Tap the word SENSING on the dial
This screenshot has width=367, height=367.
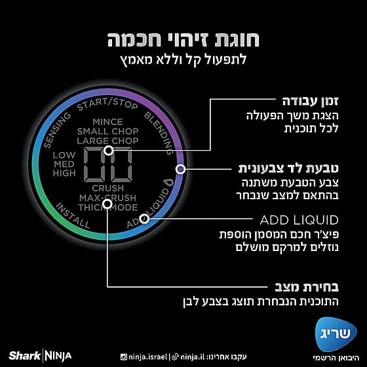click(x=57, y=130)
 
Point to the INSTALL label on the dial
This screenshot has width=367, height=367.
click(x=73, y=216)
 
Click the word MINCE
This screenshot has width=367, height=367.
click(x=107, y=122)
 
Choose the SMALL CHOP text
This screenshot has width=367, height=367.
click(x=107, y=131)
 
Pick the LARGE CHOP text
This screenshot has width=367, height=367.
click(x=107, y=141)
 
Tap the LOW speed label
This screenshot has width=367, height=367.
click(x=64, y=155)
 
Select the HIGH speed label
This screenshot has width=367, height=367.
click(x=64, y=173)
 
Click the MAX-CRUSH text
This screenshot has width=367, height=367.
click(x=107, y=198)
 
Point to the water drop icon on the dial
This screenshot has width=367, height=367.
click(x=168, y=182)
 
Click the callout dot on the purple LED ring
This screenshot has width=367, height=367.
click(x=180, y=169)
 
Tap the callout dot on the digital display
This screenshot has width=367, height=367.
click(x=109, y=151)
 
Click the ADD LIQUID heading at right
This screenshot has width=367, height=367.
click(x=299, y=220)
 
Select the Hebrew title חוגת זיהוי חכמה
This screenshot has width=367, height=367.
click(x=183, y=40)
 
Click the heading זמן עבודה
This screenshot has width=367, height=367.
click(x=311, y=102)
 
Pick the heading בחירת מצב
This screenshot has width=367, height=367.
click(x=307, y=287)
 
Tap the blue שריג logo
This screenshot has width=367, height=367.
click(x=336, y=334)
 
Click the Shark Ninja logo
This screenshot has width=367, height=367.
click(x=40, y=356)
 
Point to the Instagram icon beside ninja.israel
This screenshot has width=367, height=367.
click(x=124, y=357)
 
